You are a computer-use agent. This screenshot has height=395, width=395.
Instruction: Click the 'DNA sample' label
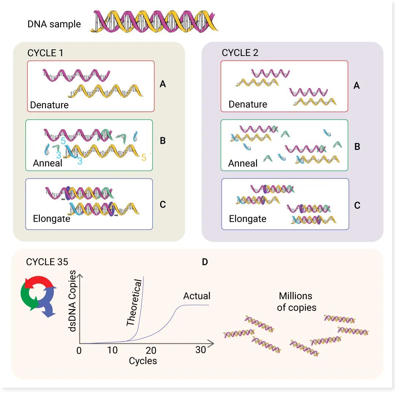point(54,25)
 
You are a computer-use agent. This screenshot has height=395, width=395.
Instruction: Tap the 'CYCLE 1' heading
point(45,53)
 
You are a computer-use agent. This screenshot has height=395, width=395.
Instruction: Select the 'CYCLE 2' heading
point(240,53)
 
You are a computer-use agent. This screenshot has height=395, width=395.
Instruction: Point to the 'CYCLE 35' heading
point(47,262)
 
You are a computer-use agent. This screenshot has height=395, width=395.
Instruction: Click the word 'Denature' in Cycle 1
point(49,105)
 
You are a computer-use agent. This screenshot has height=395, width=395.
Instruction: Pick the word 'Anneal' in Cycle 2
point(243,163)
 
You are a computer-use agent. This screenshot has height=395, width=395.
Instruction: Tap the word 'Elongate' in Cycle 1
point(52,219)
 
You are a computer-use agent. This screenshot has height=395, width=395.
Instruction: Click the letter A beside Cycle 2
point(357,86)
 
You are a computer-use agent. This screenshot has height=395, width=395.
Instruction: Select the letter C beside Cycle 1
point(163,204)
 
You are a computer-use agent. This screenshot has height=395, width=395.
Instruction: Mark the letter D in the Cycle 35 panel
point(205,262)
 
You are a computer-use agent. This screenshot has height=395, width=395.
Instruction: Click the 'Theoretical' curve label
point(133,303)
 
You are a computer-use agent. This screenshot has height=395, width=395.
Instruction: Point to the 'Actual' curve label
point(197,296)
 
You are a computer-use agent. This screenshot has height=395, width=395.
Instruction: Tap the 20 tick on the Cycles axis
point(151,351)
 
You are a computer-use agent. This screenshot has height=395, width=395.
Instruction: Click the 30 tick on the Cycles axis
point(201,350)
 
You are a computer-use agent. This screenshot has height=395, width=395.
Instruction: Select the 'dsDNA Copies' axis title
point(73,301)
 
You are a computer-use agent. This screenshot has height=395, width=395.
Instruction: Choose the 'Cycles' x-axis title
point(143,361)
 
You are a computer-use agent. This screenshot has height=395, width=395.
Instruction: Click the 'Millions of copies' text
point(297,302)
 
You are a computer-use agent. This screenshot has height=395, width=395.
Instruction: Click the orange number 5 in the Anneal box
point(144,158)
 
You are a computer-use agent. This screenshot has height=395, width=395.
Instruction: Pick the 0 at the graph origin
point(79,351)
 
